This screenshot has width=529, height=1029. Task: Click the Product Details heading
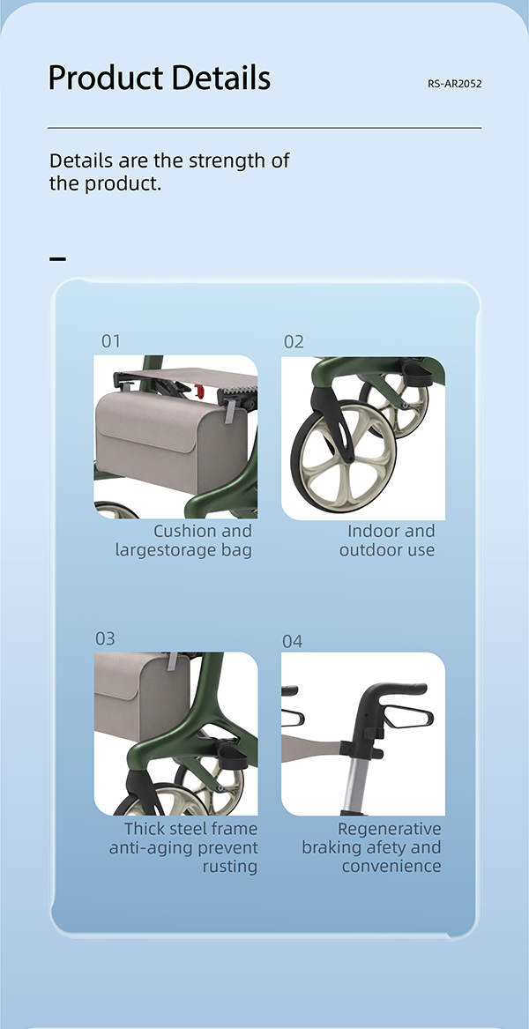click(160, 78)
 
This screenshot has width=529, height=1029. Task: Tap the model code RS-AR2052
click(454, 84)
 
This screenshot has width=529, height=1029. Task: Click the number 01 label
click(111, 341)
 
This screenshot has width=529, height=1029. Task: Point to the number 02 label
click(294, 342)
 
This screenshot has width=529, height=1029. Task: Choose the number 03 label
click(105, 638)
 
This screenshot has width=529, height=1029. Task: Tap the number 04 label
click(293, 641)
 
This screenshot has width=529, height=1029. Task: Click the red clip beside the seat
click(199, 391)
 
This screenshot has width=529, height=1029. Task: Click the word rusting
click(230, 866)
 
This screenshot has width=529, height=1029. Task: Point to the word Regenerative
click(390, 829)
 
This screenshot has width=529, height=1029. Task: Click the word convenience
click(391, 866)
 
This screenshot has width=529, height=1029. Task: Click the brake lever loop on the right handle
click(407, 716)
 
